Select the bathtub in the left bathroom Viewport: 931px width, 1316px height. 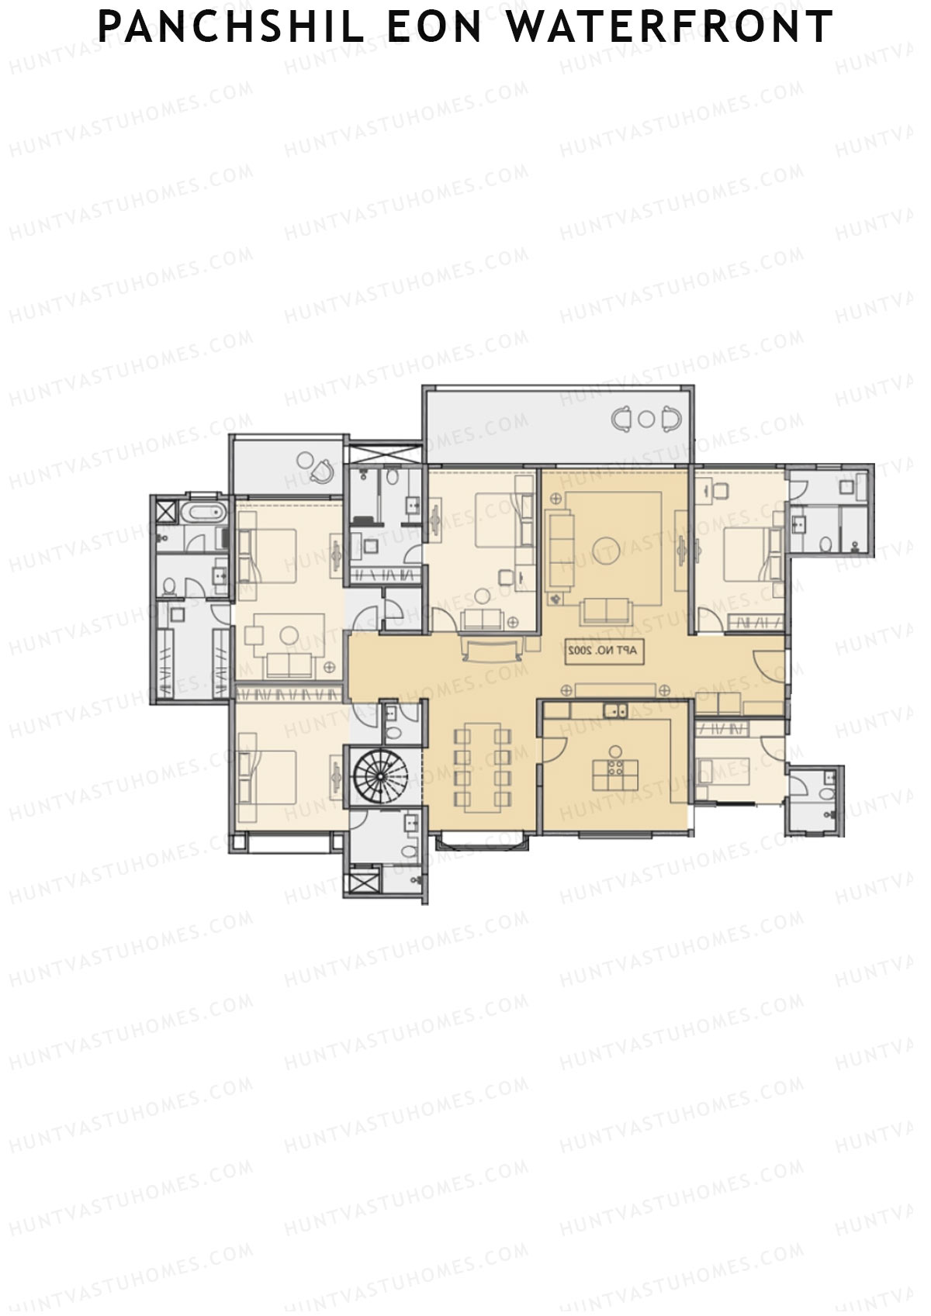[203, 512]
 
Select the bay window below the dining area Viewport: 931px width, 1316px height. [483, 839]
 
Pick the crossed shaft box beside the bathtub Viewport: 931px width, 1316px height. [166, 511]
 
